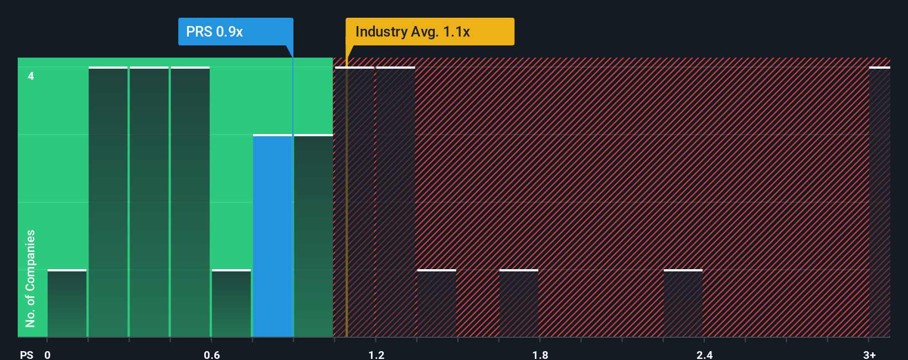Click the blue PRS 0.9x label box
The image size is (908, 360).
click(235, 32)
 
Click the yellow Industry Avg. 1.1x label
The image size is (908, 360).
click(430, 32)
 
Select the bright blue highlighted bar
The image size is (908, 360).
click(272, 236)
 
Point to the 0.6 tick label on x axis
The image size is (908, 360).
click(211, 354)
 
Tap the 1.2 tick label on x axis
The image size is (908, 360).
click(376, 354)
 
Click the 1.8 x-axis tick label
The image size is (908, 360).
click(540, 354)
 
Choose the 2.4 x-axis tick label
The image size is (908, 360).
click(704, 354)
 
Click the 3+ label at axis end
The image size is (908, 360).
click(869, 354)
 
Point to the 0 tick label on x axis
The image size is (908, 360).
click(48, 354)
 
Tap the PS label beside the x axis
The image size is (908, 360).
click(27, 354)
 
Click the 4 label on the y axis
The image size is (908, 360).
click(31, 76)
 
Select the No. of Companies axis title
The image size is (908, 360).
click(30, 278)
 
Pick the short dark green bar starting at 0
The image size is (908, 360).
click(67, 304)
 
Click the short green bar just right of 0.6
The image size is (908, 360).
click(231, 304)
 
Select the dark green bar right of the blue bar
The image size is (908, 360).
click(313, 236)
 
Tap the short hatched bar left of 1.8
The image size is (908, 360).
click(519, 304)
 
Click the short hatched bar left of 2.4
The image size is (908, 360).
click(683, 304)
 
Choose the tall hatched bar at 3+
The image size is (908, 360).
click(880, 202)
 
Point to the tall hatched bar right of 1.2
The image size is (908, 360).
click(396, 202)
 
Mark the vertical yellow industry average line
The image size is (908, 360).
click(347, 222)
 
